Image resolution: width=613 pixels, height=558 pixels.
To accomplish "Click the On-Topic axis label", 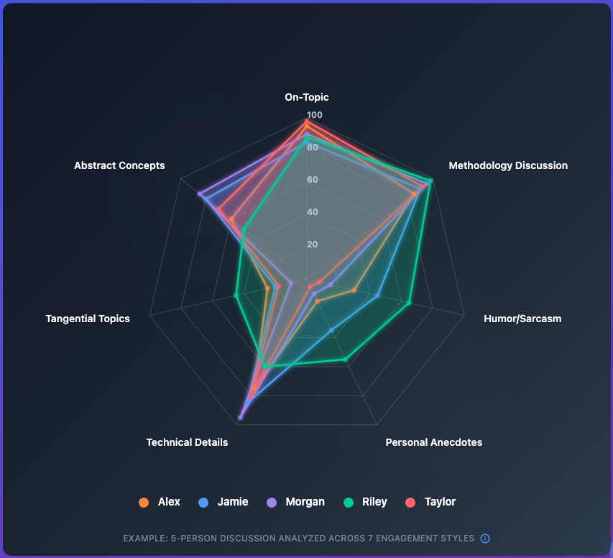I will [307, 97].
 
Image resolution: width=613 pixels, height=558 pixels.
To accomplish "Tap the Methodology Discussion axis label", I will [508, 165].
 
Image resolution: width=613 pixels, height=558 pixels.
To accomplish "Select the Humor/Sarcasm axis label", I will [522, 319].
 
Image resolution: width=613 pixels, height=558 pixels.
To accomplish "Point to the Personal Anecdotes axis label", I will [433, 442].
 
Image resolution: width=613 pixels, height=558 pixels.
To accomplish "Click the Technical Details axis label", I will [187, 442].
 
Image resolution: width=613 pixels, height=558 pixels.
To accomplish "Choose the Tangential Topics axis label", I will [88, 319].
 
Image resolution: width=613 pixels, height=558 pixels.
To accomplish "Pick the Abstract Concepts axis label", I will [119, 165].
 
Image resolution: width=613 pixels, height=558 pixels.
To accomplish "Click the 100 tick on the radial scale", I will [315, 115].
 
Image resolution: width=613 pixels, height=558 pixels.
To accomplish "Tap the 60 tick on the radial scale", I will [313, 180].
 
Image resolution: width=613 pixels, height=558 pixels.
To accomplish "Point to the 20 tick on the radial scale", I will [313, 244].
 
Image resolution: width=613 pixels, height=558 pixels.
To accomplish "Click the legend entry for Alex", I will [160, 502].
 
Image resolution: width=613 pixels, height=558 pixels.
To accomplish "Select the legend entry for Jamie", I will [223, 502].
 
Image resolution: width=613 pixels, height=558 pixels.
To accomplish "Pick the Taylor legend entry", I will [430, 502].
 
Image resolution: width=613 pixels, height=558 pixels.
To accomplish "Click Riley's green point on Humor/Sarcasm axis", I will [409, 303].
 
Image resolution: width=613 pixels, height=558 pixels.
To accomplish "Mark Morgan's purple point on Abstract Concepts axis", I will [200, 194].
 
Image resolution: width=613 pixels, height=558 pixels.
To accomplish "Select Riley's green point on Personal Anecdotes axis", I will [346, 359].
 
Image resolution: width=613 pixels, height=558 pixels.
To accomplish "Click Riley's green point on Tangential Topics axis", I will [236, 295].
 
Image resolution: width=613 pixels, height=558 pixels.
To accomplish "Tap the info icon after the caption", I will [485, 538].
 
